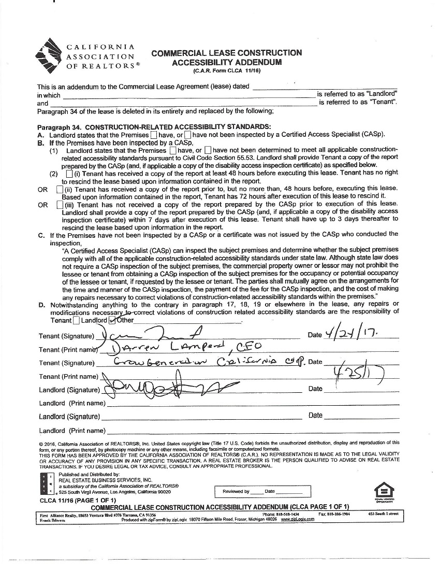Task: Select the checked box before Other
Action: coord(119,320)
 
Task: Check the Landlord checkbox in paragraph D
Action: coord(76,320)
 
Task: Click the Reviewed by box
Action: coord(262,491)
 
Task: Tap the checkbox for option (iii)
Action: coord(60,205)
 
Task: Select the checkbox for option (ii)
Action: coord(60,189)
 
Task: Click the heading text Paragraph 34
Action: coord(59,127)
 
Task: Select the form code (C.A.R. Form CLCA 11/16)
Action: coord(227,70)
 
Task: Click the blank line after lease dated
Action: coord(324,87)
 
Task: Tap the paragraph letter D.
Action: coord(41,305)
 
